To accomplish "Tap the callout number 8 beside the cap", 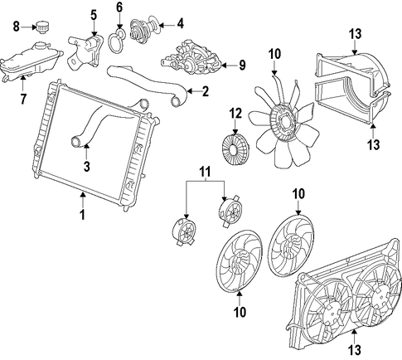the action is (17, 27).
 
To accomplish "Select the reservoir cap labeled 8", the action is (41, 27).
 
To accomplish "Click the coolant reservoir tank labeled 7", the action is (31, 61).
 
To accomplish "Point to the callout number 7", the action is (23, 99).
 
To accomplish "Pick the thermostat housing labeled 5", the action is (85, 51).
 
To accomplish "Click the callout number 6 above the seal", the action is (119, 7).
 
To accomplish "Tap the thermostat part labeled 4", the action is (144, 30).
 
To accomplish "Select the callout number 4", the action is (181, 24).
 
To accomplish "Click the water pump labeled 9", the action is (191, 57).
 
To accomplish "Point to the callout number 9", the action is (242, 66).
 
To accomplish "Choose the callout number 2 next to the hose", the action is (206, 91).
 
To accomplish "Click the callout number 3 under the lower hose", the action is (87, 167).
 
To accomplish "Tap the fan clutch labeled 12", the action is (235, 149).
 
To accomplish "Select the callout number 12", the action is (235, 114).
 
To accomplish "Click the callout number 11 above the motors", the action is (205, 172).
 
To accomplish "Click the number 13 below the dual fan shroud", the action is (355, 350).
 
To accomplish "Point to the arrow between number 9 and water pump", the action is (229, 66).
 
